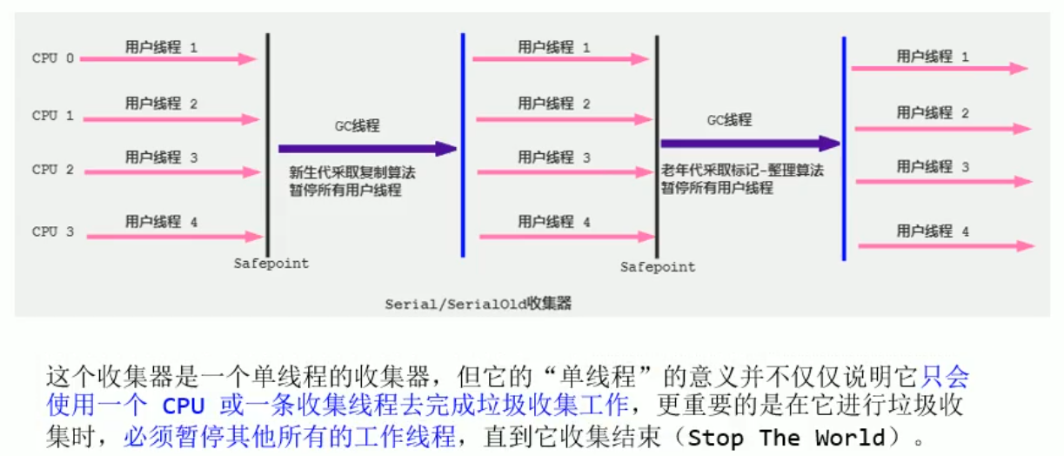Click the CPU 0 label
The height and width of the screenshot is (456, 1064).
point(53,59)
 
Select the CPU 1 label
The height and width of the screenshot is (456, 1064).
point(53,116)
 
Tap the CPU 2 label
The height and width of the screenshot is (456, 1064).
point(53,170)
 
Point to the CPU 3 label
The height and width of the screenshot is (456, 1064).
point(53,232)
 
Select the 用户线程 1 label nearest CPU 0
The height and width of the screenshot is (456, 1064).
point(162,47)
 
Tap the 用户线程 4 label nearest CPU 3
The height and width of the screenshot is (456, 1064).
point(162,222)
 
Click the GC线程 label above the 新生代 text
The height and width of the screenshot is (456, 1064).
point(358,126)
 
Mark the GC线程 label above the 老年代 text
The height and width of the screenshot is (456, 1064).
point(729,120)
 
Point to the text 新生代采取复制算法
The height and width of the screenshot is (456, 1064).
point(353,172)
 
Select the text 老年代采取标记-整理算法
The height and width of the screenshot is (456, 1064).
point(742,171)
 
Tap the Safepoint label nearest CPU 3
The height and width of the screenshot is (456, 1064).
point(271,263)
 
